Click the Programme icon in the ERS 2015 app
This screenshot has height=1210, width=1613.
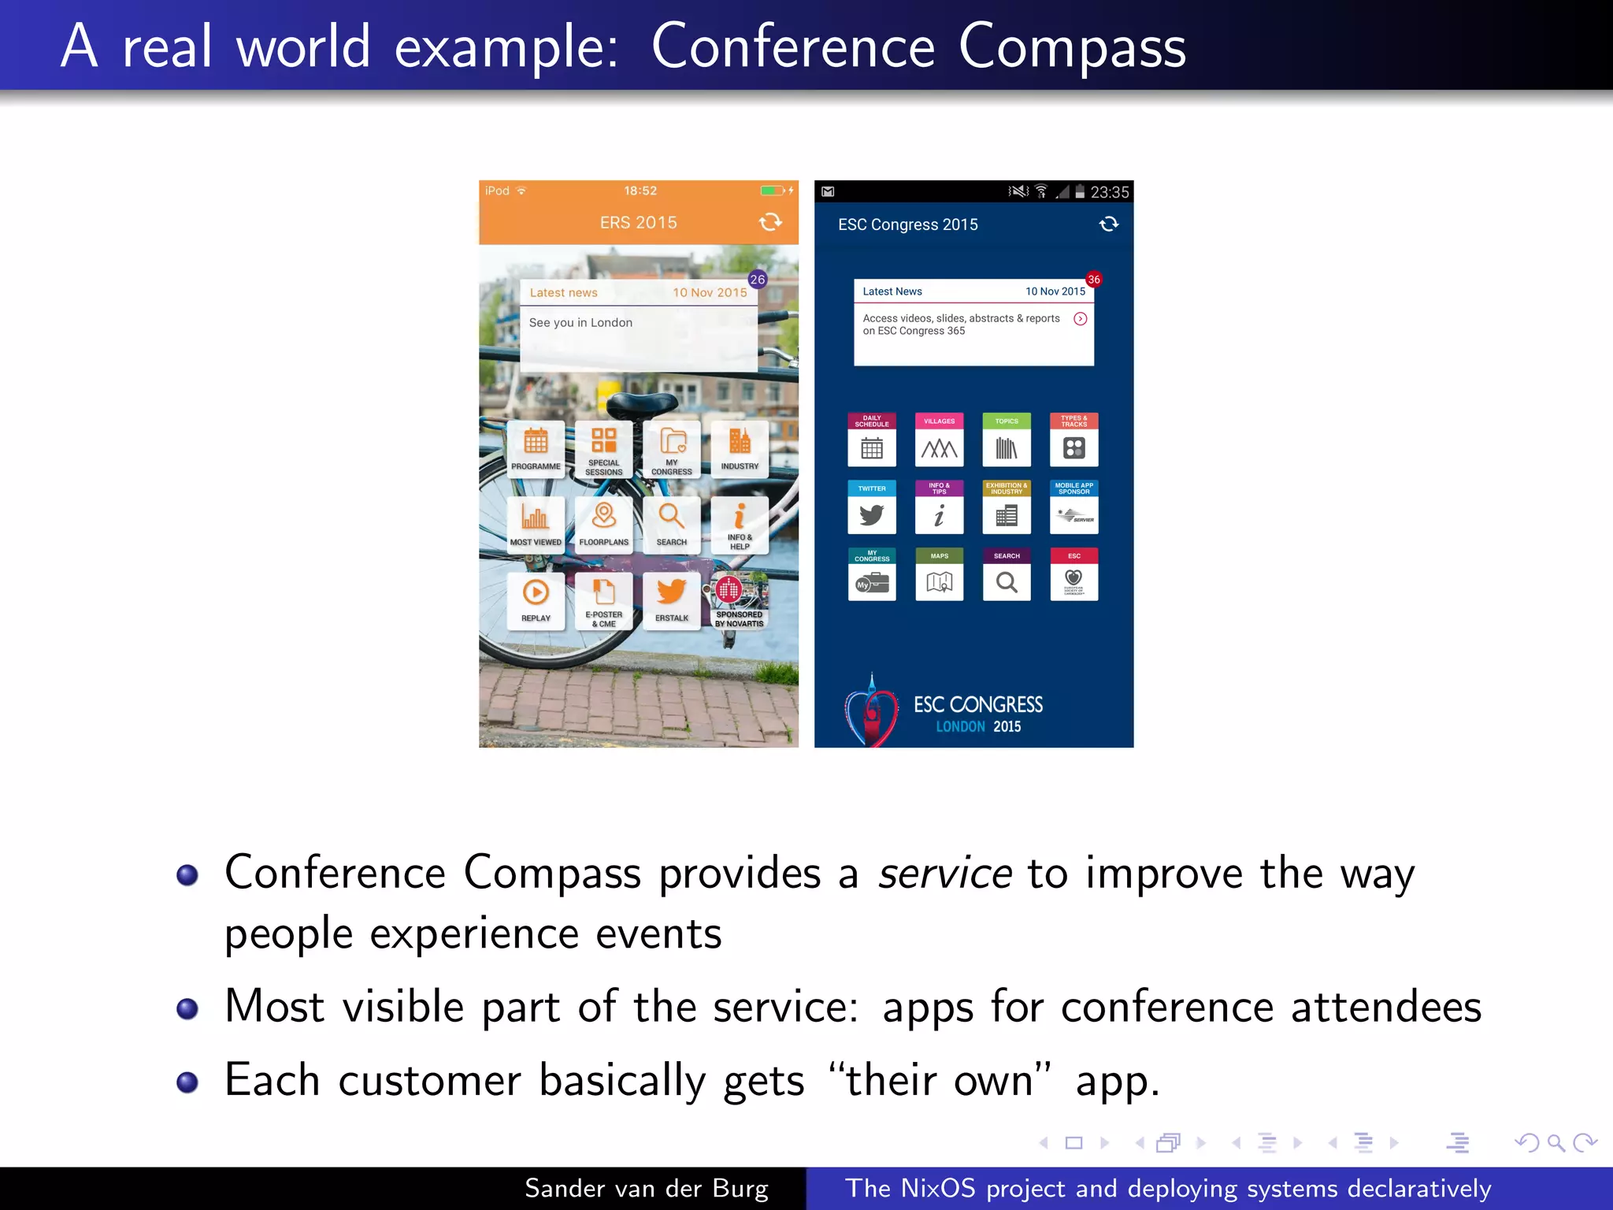click(x=536, y=447)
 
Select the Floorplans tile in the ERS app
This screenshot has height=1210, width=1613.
click(x=603, y=523)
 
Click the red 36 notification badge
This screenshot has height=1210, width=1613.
click(x=1093, y=280)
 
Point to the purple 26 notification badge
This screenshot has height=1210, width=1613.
click(x=758, y=280)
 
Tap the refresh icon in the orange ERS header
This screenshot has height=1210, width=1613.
click(x=770, y=222)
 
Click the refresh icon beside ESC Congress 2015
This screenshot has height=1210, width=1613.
click(x=1108, y=225)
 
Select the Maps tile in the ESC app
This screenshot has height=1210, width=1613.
click(x=939, y=575)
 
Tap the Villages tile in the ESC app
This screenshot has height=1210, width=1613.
click(x=939, y=440)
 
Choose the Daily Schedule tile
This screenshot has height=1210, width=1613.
click(x=871, y=440)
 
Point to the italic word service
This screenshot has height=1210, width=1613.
click(x=945, y=873)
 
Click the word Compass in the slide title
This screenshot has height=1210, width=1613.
click(x=1072, y=47)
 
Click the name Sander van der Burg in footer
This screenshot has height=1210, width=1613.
click(x=646, y=1188)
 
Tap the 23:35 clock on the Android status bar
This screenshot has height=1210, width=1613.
click(x=1109, y=192)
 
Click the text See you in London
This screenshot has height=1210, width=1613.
click(x=580, y=323)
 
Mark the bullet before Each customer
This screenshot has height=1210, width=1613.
click(x=187, y=1082)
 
